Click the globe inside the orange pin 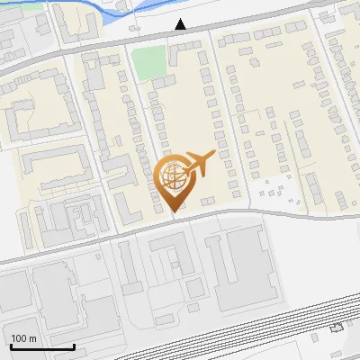click(171, 176)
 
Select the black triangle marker click(182, 25)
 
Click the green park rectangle click(149, 60)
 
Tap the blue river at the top click(108, 13)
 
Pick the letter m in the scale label click(32, 338)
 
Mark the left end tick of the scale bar click(10, 346)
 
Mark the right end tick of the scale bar click(75, 346)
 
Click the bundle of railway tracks click(270, 337)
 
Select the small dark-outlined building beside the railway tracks click(337, 327)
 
